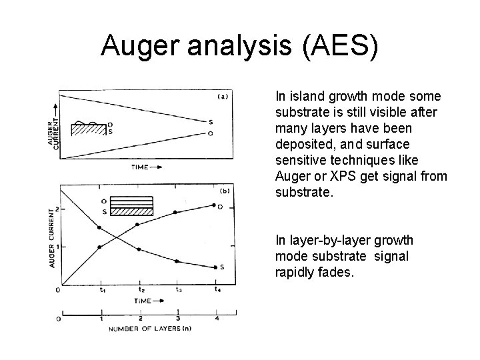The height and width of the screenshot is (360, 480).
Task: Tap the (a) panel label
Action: (x=223, y=96)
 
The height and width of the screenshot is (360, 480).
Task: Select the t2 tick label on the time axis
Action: (x=141, y=290)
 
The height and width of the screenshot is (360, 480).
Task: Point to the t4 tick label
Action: (x=217, y=290)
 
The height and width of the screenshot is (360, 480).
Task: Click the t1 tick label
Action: (x=101, y=290)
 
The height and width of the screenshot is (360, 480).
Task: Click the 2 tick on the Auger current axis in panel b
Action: (x=57, y=209)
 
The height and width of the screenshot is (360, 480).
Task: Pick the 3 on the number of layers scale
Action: (x=178, y=319)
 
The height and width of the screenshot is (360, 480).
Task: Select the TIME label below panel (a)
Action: (x=140, y=167)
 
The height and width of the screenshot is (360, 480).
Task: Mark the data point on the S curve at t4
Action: (x=215, y=267)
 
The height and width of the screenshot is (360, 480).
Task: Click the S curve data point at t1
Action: (x=99, y=228)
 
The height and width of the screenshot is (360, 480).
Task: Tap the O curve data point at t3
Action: (x=176, y=213)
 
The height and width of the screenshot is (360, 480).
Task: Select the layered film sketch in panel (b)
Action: (x=131, y=206)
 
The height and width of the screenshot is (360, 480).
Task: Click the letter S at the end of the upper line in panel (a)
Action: (x=211, y=122)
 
